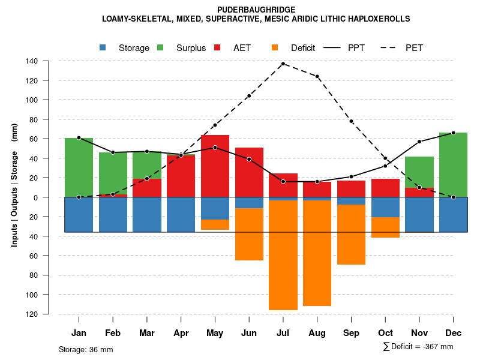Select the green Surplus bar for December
(x=453, y=165)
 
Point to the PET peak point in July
(x=283, y=64)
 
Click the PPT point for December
(x=453, y=133)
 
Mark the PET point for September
(x=352, y=122)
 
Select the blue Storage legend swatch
(x=103, y=47)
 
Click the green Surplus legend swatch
(x=161, y=47)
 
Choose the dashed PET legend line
(x=391, y=47)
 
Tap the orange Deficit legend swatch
(x=275, y=47)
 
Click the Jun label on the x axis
(x=249, y=333)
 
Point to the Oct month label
(x=385, y=333)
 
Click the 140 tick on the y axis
(x=32, y=61)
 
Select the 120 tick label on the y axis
(x=32, y=80)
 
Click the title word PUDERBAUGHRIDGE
(x=256, y=10)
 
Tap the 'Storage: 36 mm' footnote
(x=86, y=349)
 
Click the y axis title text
(x=14, y=185)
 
